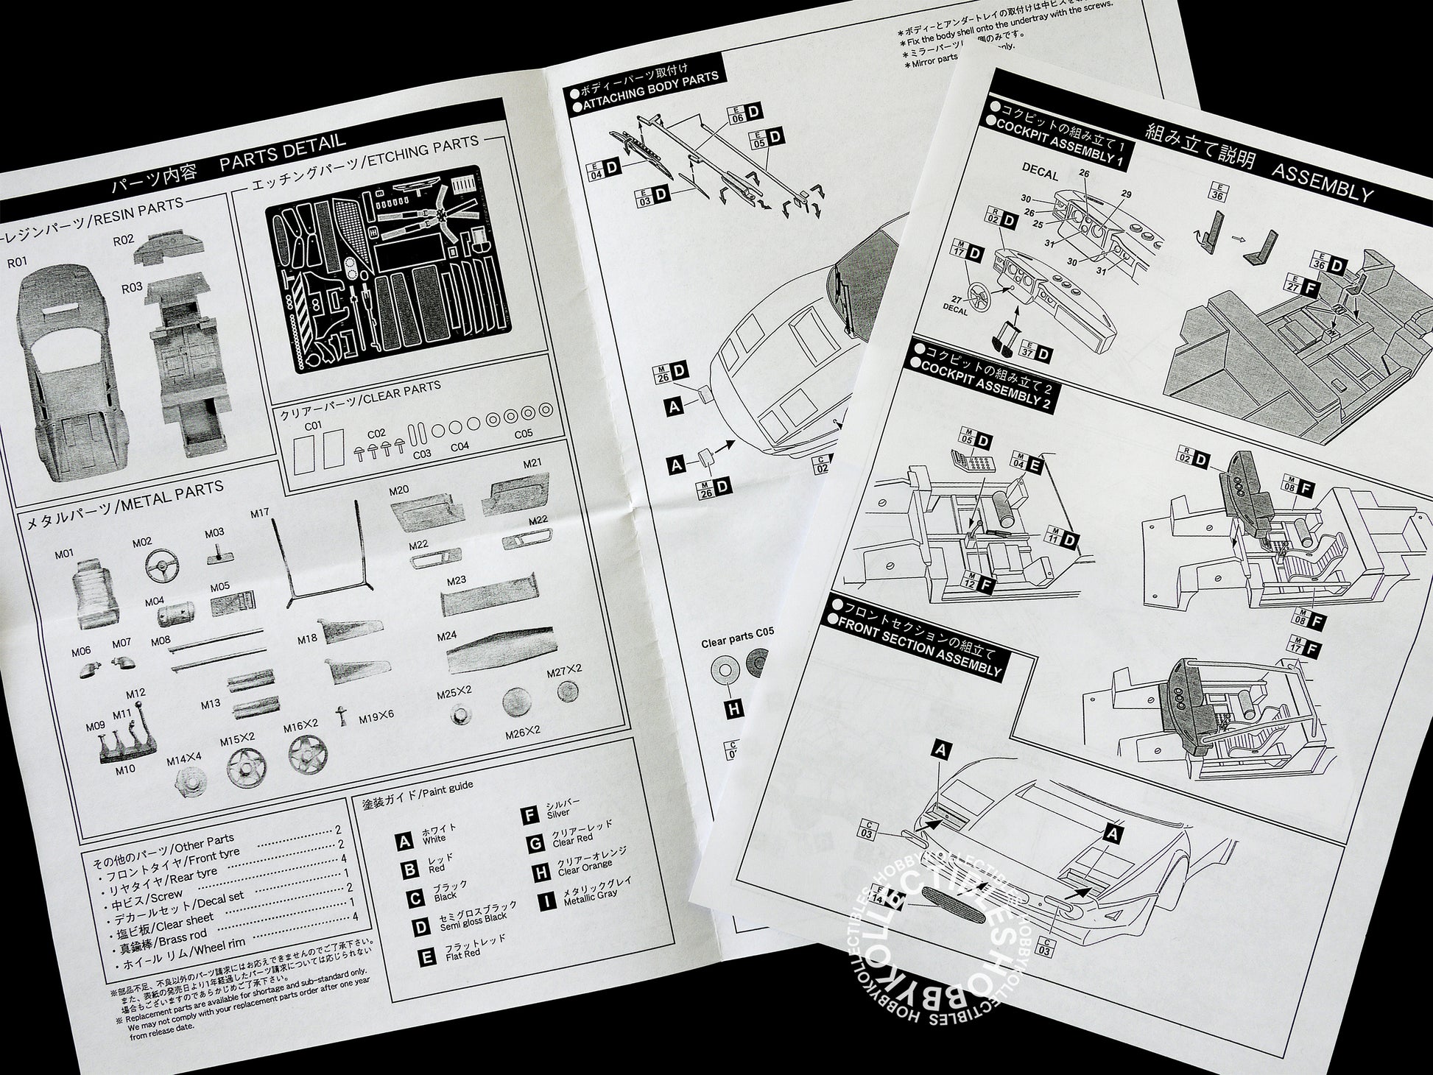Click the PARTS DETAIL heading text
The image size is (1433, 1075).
point(282,151)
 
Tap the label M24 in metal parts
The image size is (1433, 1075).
point(446,637)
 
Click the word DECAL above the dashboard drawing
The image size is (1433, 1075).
point(1040,174)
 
